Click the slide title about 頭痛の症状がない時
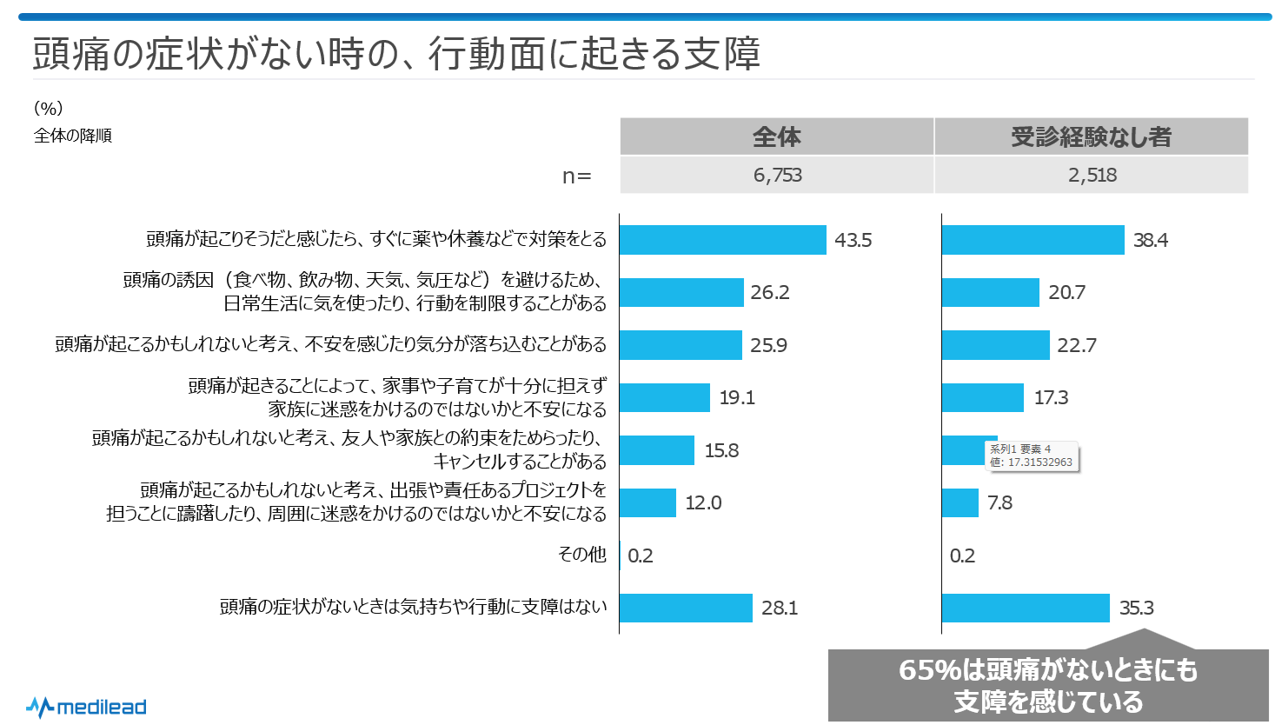pyautogui.click(x=396, y=53)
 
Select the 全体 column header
pyautogui.click(x=776, y=136)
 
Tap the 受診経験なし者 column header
pyautogui.click(x=1091, y=136)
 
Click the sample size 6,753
pyautogui.click(x=777, y=175)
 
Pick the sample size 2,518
pyautogui.click(x=1092, y=175)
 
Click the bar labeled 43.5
pyautogui.click(x=722, y=240)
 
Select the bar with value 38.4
pyautogui.click(x=1032, y=240)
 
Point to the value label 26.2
pyautogui.click(x=770, y=292)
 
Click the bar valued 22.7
pyautogui.click(x=995, y=345)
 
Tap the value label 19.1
pyautogui.click(x=737, y=397)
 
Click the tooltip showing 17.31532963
pyautogui.click(x=1032, y=456)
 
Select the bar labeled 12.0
pyautogui.click(x=647, y=502)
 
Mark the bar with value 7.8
pyautogui.click(x=959, y=502)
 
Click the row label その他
pyautogui.click(x=581, y=554)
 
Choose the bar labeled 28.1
pyautogui.click(x=686, y=608)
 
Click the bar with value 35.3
pyautogui.click(x=1026, y=608)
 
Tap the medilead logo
pyautogui.click(x=86, y=707)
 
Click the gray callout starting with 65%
pyautogui.click(x=1048, y=685)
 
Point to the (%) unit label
pyautogui.click(x=49, y=108)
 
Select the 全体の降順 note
pyautogui.click(x=73, y=136)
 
